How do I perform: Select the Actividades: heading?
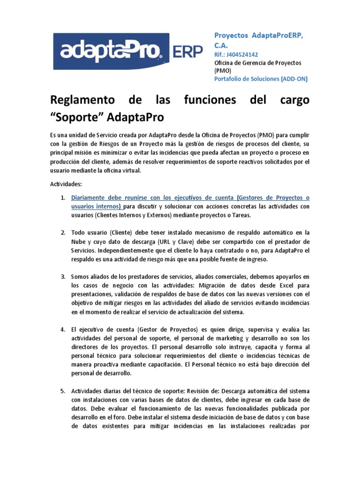66,184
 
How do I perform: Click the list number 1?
63,198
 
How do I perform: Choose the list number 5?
63,390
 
